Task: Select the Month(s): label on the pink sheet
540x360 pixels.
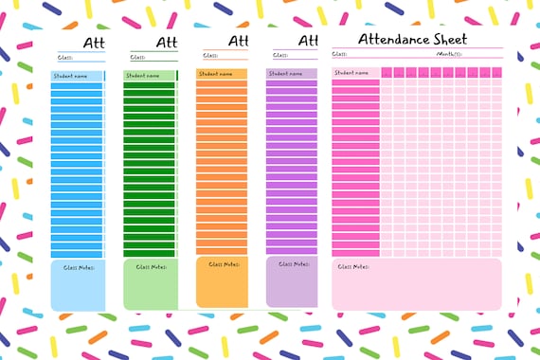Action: tap(448, 55)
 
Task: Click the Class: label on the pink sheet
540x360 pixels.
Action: tap(339, 55)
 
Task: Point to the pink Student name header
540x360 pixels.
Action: tap(351, 72)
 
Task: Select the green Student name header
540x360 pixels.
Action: tap(142, 76)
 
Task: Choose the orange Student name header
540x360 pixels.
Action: tap(215, 73)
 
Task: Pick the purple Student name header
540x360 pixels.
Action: tap(284, 73)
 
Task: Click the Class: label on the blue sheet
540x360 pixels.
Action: tap(64, 57)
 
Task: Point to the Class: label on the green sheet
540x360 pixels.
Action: tap(136, 57)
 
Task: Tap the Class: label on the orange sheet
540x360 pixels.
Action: tap(209, 55)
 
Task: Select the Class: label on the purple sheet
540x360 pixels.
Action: tap(279, 55)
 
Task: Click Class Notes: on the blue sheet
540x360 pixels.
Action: tap(77, 268)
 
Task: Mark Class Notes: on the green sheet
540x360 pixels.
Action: tap(151, 267)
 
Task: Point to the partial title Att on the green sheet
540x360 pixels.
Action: tap(167, 43)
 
